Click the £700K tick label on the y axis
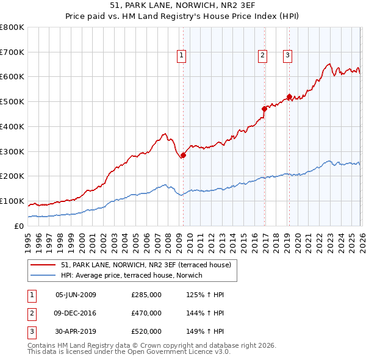(x=12, y=52)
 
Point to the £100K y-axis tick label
(x=12, y=201)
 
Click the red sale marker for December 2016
(x=264, y=109)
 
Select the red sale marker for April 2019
(x=289, y=96)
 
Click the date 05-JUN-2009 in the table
(x=76, y=295)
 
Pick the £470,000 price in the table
(x=146, y=313)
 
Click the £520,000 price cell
(x=146, y=331)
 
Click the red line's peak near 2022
(x=329, y=63)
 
